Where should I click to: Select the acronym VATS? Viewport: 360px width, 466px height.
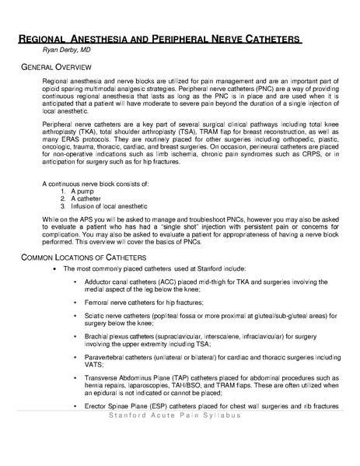tap(103, 365)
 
